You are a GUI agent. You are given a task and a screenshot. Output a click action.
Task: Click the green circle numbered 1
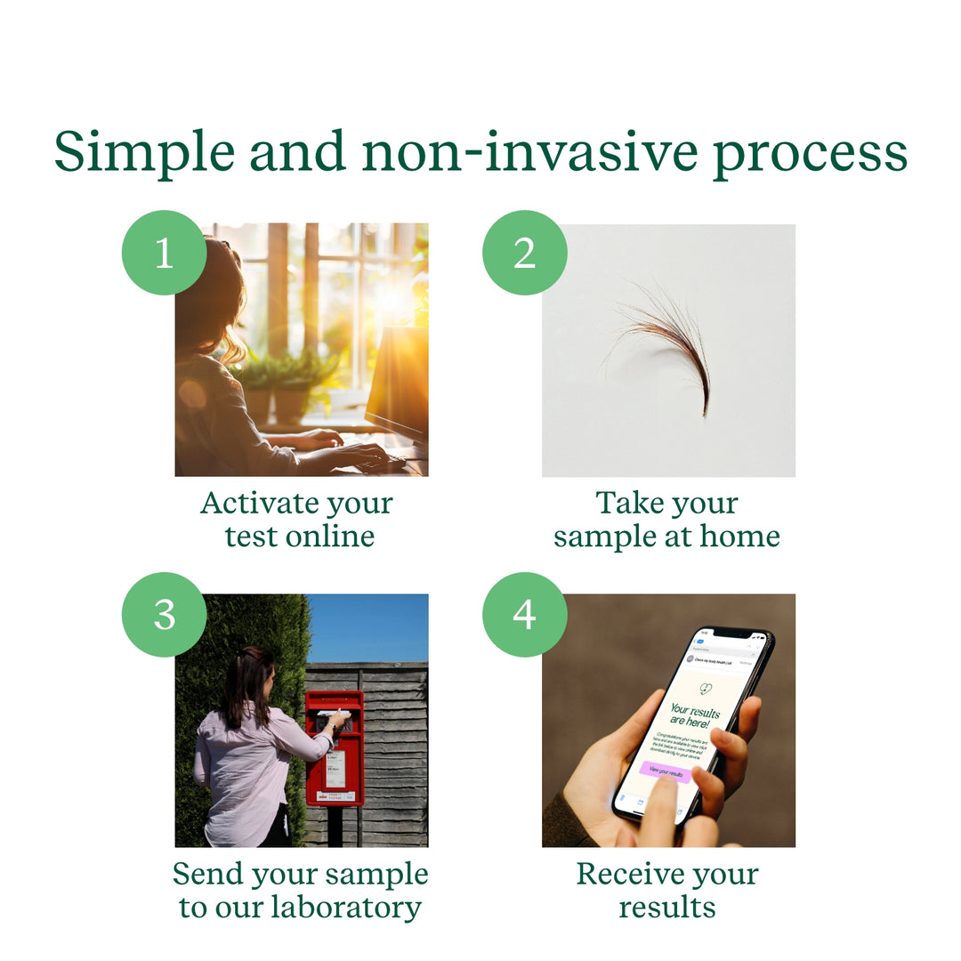164,253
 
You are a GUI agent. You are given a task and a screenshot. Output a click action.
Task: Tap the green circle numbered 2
525,253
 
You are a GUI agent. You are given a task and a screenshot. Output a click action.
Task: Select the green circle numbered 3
164,615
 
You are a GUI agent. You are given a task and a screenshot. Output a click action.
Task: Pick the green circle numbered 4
525,615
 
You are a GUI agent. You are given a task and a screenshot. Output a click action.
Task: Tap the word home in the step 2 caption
739,537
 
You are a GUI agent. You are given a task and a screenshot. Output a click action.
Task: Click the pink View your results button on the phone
665,771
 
